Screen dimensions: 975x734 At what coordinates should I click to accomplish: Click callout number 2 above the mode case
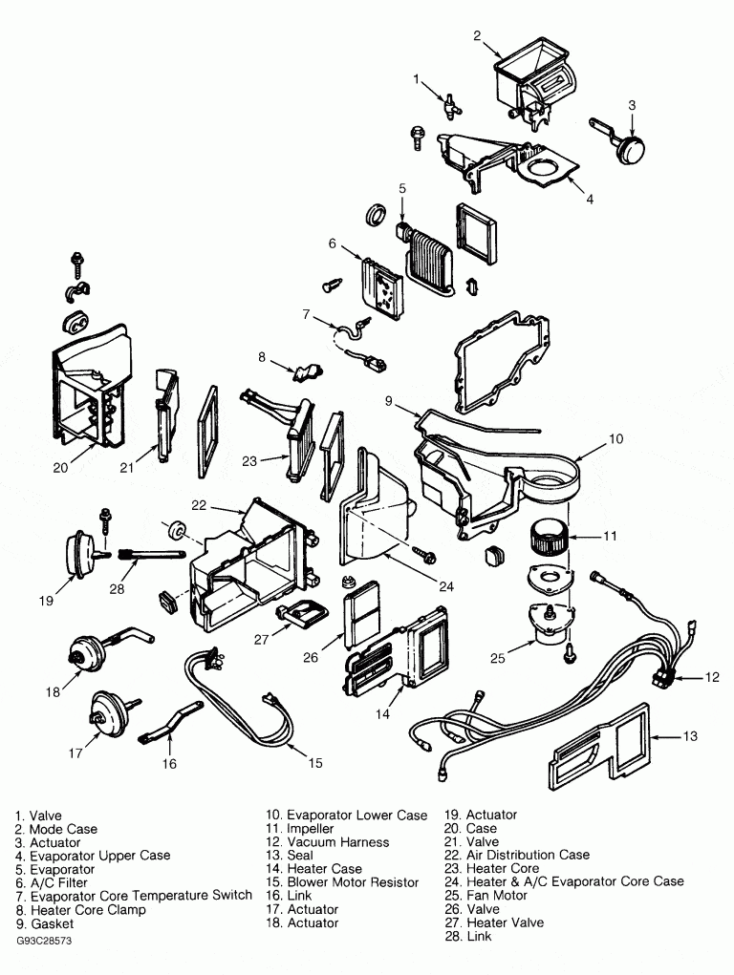(x=477, y=36)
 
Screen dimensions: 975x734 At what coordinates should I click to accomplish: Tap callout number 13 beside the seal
(x=691, y=736)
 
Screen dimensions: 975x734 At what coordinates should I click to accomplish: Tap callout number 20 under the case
(x=60, y=469)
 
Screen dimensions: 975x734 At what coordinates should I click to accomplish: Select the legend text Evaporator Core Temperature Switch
(x=140, y=896)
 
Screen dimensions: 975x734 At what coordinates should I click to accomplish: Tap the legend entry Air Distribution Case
(x=528, y=855)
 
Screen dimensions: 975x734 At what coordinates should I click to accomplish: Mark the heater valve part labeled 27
(x=300, y=613)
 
